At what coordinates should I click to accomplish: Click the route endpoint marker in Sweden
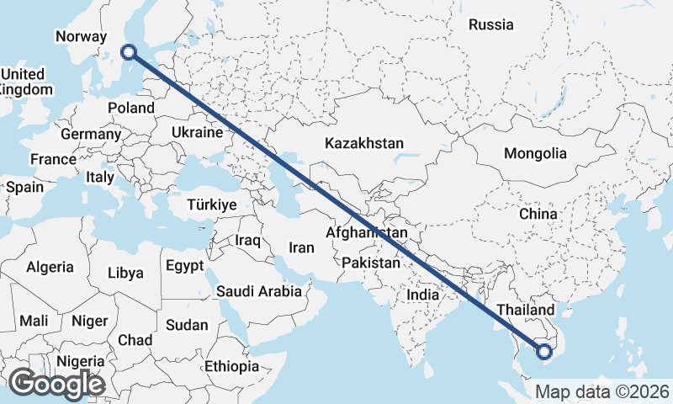coord(129,51)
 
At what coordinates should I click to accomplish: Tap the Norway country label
coord(81,36)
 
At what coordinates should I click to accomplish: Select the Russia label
coord(491,24)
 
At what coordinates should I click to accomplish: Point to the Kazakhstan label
coord(364,143)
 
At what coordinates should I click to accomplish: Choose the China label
coord(538,214)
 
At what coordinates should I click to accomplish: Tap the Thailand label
coord(527,310)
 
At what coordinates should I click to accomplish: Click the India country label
coord(422,295)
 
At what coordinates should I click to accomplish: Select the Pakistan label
coord(371,263)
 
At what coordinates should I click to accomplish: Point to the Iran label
coord(301,247)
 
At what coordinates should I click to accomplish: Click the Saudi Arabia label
coord(259,291)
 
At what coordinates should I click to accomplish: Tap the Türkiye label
coord(212,205)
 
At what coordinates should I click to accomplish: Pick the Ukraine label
coord(196,132)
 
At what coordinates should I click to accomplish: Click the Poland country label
coord(131,108)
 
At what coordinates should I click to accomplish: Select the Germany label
coord(91,134)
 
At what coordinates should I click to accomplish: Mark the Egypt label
coord(184,265)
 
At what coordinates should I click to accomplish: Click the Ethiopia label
coord(231,366)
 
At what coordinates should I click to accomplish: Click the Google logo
coord(56,384)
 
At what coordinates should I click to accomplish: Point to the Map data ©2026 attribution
coord(602,391)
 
